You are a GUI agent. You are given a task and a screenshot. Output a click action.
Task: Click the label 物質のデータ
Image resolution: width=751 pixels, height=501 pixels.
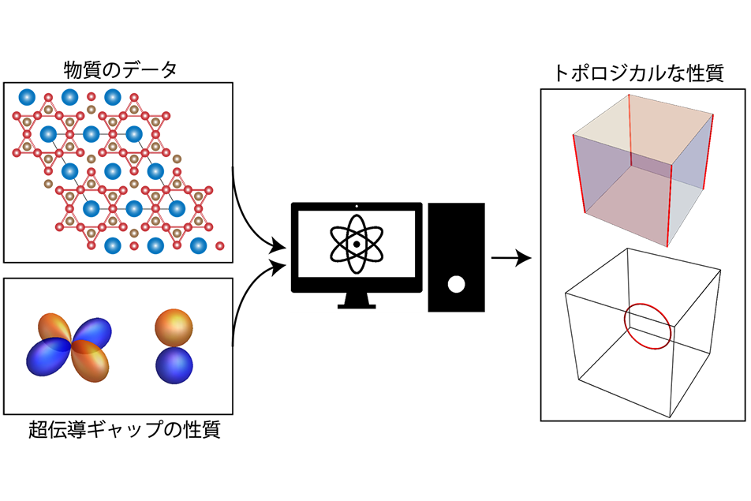[x=119, y=70]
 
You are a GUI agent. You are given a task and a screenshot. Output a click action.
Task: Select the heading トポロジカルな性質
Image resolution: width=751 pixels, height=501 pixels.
[x=640, y=74]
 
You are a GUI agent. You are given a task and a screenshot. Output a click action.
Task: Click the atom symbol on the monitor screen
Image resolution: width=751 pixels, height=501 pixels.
[x=357, y=245]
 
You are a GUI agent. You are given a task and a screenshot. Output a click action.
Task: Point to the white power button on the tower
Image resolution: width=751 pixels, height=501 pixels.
[x=455, y=285]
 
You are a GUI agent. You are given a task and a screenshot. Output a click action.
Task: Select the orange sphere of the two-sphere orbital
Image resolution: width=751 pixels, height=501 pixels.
[x=173, y=325]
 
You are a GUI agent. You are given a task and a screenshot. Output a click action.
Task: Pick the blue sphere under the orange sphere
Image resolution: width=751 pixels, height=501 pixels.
[x=174, y=366]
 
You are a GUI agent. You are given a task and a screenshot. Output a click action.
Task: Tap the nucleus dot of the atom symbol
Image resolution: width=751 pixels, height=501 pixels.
[x=357, y=245]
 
